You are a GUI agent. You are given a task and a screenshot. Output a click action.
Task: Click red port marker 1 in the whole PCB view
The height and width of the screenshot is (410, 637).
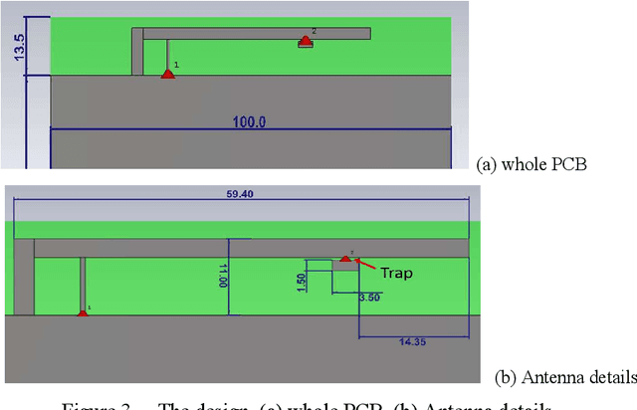pyautogui.click(x=168, y=73)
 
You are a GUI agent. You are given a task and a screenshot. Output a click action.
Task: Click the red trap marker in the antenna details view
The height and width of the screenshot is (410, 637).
pyautogui.click(x=344, y=259)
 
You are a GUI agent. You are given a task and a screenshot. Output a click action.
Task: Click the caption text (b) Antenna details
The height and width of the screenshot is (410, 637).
pyautogui.click(x=564, y=378)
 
